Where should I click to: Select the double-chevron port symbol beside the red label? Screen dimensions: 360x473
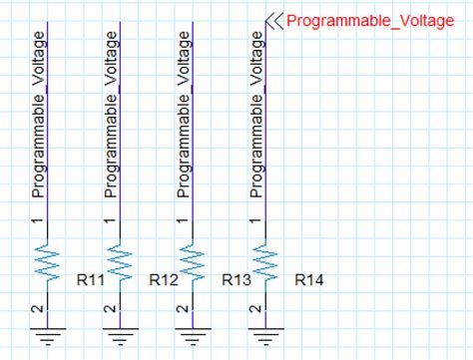point(274,21)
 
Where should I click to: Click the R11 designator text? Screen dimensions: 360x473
point(91,280)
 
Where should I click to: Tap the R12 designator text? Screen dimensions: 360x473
point(164,280)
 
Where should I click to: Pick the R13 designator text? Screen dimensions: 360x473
point(236,280)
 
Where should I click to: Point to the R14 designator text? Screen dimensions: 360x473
point(309,280)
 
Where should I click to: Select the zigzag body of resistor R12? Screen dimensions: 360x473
point(119,264)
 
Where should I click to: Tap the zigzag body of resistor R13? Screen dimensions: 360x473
point(191,264)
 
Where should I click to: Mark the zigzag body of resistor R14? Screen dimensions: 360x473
point(262,264)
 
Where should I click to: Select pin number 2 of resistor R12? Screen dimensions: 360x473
point(110,309)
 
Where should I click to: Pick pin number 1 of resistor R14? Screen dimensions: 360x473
point(253,220)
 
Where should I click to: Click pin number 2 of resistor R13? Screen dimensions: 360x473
point(182,309)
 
